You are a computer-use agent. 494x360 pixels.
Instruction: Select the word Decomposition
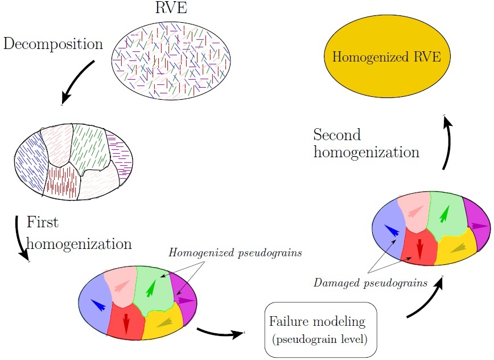[x=53, y=43]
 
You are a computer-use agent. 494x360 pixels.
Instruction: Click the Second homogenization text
[x=367, y=144]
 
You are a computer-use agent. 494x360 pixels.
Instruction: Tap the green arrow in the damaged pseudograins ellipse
[x=444, y=214]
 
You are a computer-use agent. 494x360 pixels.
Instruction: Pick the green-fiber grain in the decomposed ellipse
[x=89, y=145]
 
